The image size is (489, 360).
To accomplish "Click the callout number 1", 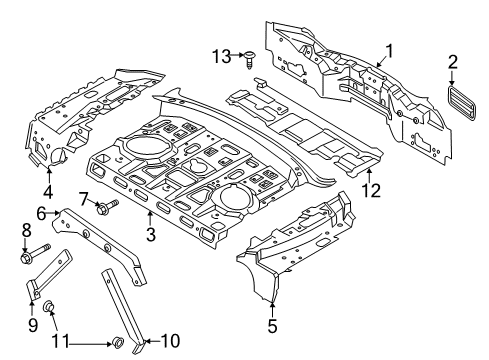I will pos(390,50).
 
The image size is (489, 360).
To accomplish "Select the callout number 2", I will pos(453,65).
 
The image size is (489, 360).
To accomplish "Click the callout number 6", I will pos(42,213).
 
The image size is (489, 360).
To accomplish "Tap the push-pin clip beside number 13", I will pos(248,60).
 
